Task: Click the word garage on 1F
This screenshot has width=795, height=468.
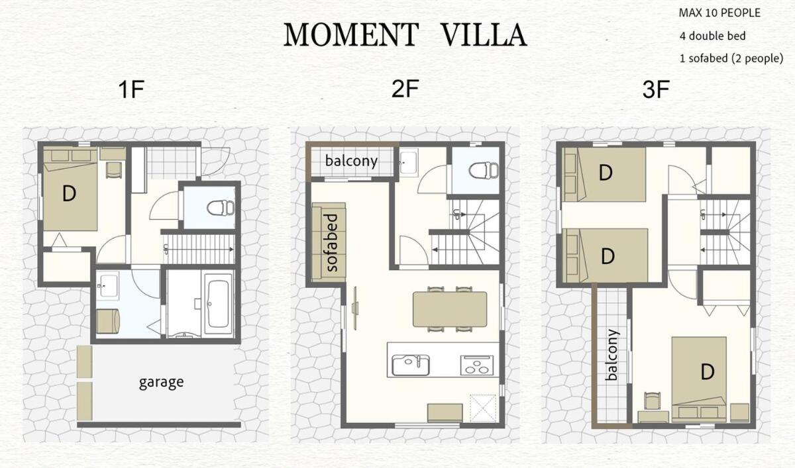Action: click(162, 382)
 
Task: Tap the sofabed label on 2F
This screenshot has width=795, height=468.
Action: click(331, 243)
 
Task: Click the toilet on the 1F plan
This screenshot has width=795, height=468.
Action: click(221, 208)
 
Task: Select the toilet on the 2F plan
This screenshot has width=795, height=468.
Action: click(484, 171)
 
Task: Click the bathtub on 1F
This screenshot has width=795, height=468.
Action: click(218, 304)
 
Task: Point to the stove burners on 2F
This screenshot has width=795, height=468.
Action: click(477, 365)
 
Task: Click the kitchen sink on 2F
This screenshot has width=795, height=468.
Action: click(411, 365)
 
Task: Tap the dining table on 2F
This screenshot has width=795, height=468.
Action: click(450, 309)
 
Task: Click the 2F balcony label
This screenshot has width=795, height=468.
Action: click(351, 162)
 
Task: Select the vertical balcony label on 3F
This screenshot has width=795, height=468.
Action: click(613, 355)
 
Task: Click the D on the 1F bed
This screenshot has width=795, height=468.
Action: click(69, 194)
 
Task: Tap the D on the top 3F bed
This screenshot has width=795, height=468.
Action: click(606, 173)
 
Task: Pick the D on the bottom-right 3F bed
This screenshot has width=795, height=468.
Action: click(708, 372)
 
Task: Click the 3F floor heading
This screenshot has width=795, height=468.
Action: click(656, 90)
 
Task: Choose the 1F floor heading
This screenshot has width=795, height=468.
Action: click(131, 90)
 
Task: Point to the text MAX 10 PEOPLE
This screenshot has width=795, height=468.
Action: click(719, 13)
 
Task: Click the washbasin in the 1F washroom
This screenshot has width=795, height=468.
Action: click(107, 285)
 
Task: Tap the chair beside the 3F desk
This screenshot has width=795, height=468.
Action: click(653, 401)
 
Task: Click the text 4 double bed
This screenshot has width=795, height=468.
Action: click(712, 36)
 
